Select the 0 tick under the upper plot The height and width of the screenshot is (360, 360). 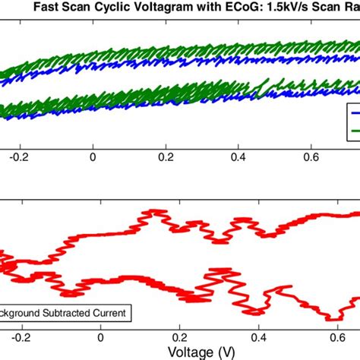[x=93, y=158]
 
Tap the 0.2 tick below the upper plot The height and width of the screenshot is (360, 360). [x=166, y=158]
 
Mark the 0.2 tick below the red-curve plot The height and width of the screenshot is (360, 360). [x=180, y=334]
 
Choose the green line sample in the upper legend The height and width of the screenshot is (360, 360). [x=354, y=131]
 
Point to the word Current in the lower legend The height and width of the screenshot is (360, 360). [x=109, y=311]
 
